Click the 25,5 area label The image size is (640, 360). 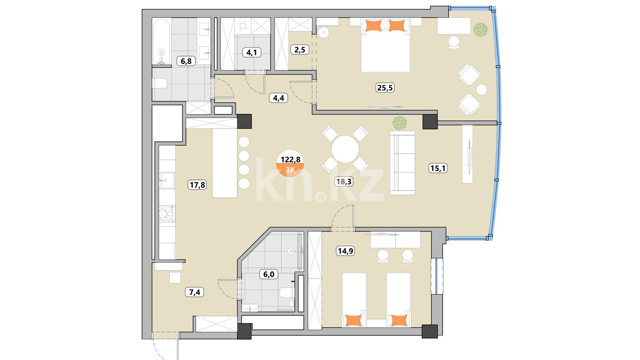coord(385,88)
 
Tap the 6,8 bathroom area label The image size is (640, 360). coord(186,61)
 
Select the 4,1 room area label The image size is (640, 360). coord(251,52)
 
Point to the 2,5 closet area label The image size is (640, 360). coord(300,50)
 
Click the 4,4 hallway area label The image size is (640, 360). coord(278,98)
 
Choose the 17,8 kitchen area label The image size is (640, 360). coord(197,185)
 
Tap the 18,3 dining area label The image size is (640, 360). coord(344,181)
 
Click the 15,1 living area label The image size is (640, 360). coord(438,168)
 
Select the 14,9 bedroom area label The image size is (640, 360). coord(346,251)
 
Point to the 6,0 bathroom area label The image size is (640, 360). coord(269,274)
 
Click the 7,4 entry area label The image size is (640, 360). coord(194,292)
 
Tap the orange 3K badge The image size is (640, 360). coord(290,170)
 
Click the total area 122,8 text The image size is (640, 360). coord(290,159)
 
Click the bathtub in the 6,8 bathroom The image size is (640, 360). coord(161,42)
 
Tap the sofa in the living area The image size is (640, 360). coord(402,163)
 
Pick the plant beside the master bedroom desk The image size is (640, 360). coord(480,29)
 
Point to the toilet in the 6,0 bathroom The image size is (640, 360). coord(287,292)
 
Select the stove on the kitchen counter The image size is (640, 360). coord(167,214)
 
